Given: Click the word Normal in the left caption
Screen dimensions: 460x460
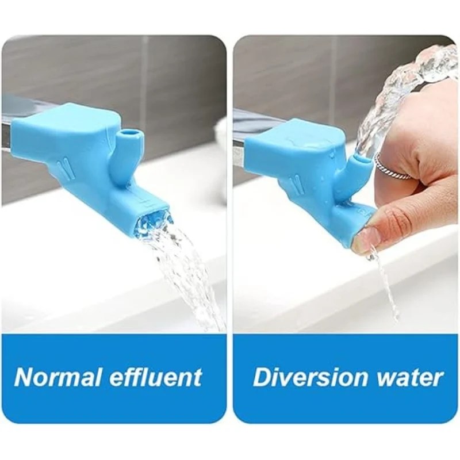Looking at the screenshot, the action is tap(58, 377).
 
